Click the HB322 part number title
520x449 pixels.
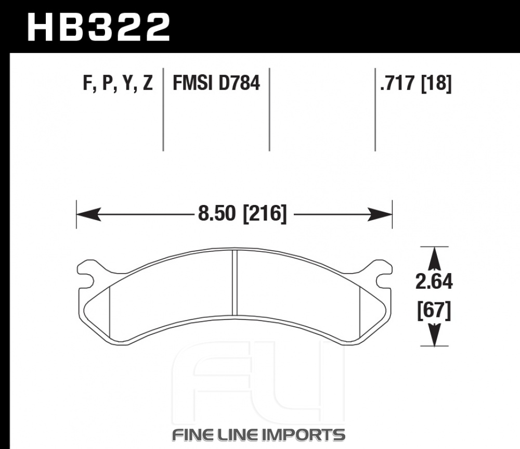(x=99, y=28)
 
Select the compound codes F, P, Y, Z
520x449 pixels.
(x=118, y=83)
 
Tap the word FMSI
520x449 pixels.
(x=192, y=83)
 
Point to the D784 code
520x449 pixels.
(x=239, y=83)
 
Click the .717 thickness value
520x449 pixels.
(x=398, y=83)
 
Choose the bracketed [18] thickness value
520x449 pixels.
(x=436, y=83)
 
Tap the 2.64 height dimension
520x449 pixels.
(x=434, y=282)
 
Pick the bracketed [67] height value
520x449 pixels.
(x=434, y=311)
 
